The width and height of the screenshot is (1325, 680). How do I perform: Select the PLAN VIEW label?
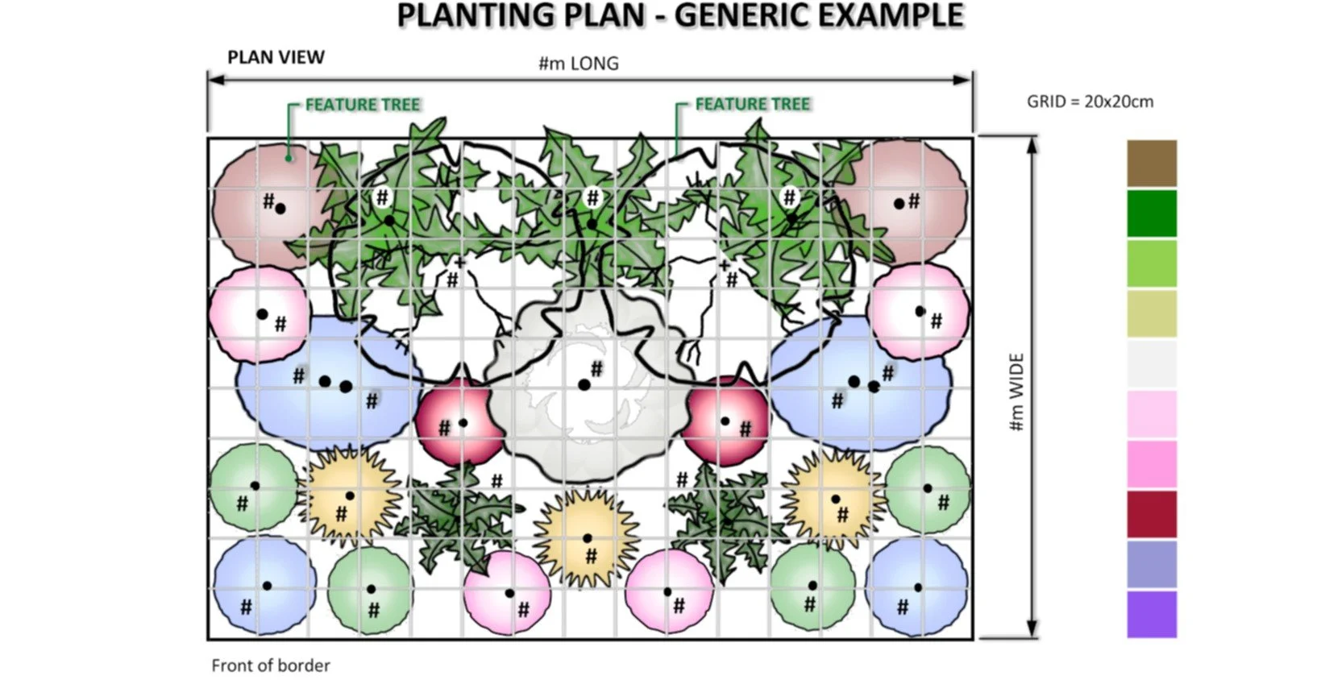pos(276,58)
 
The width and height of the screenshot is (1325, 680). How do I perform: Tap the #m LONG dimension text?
pos(579,64)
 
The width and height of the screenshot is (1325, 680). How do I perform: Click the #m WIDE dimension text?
pos(1016,392)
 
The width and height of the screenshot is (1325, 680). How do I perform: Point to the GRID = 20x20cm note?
pos(1090,102)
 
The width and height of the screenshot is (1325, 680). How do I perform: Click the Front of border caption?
pos(271,665)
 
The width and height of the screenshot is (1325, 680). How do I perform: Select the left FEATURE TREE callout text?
pos(363,105)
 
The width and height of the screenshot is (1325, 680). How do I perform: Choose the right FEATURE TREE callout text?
pos(752,104)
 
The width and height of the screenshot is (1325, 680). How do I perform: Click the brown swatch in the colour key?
pos(1151,163)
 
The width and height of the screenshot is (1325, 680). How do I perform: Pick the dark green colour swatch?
pos(1151,213)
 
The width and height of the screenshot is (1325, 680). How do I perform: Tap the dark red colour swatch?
pos(1151,514)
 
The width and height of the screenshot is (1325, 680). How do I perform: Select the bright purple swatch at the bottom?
pos(1151,614)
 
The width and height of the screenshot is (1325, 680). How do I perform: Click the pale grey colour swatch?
pos(1151,363)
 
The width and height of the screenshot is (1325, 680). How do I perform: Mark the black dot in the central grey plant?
pos(584,385)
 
